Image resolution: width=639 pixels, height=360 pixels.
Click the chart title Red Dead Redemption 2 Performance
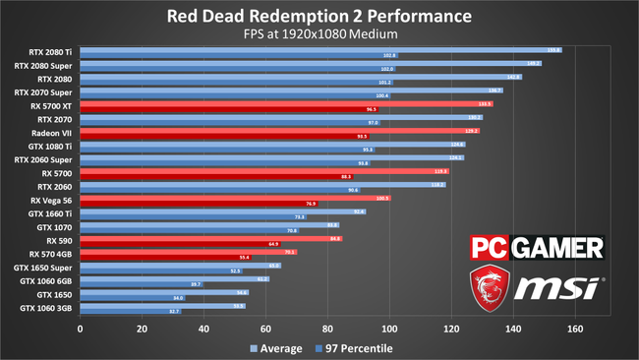tap(319, 17)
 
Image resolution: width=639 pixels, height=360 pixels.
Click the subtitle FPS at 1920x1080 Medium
tap(319, 35)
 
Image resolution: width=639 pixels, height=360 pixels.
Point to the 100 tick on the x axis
tap(390, 329)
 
